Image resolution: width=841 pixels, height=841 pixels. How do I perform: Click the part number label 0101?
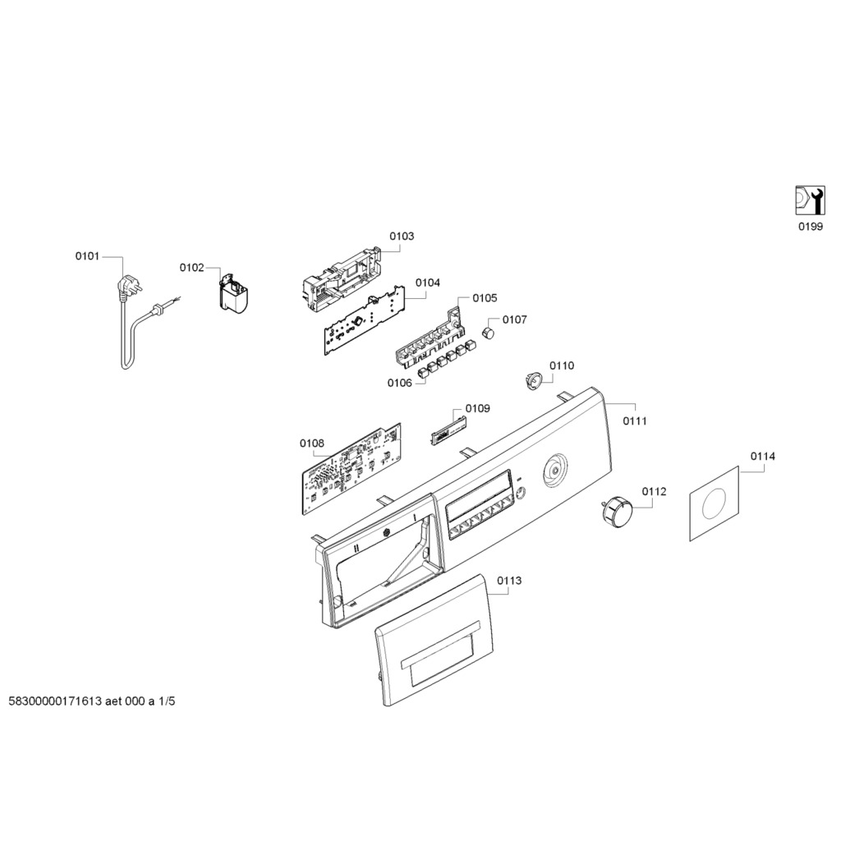pyautogui.click(x=87, y=256)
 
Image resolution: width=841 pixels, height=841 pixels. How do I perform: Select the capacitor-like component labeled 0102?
pyautogui.click(x=235, y=295)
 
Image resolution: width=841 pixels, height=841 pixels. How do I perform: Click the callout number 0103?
pyautogui.click(x=402, y=237)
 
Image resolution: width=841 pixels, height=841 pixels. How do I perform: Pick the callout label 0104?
pyautogui.click(x=427, y=283)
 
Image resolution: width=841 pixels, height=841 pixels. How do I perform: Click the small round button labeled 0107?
pyautogui.click(x=489, y=332)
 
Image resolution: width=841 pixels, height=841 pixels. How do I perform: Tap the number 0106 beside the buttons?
pyautogui.click(x=400, y=383)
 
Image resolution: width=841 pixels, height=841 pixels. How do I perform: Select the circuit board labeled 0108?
pyautogui.click(x=352, y=470)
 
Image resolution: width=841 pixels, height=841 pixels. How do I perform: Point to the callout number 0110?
pyautogui.click(x=562, y=365)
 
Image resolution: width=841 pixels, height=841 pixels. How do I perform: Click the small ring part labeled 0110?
pyautogui.click(x=532, y=380)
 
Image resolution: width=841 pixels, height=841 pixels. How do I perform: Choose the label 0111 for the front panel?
pyautogui.click(x=634, y=421)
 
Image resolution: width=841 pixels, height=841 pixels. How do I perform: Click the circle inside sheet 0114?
pyautogui.click(x=714, y=503)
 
